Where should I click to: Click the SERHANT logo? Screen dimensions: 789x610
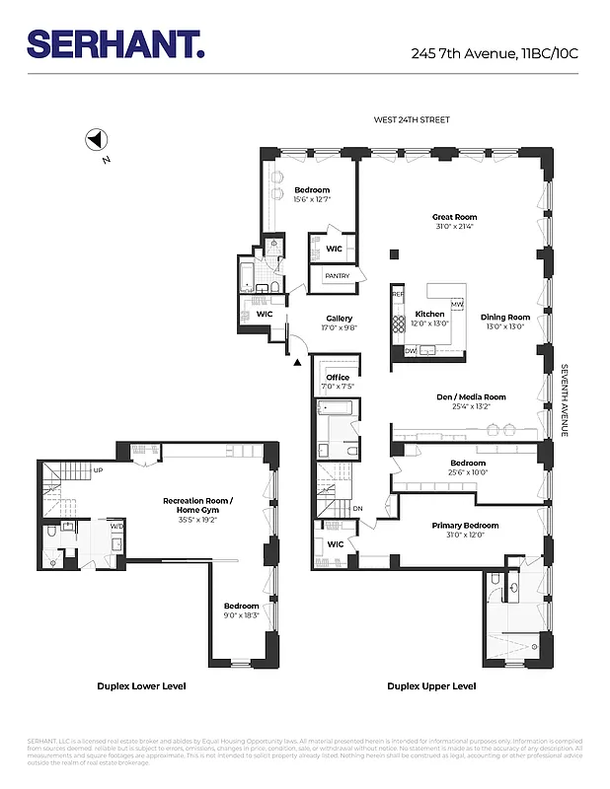115,44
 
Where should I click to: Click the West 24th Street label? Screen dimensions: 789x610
411,120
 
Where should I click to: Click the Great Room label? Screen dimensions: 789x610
454,217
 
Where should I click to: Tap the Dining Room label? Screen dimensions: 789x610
505,318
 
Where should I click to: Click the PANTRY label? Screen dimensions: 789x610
337,276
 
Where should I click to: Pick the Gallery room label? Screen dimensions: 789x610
340,319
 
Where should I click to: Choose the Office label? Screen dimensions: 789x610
338,377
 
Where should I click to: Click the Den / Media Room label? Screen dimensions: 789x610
471,396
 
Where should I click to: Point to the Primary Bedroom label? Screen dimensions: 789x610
465,526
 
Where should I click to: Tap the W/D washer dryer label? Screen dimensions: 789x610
117,526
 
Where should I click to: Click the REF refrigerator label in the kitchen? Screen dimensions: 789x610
398,294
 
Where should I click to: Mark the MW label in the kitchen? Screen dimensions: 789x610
457,303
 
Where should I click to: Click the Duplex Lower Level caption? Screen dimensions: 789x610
141,685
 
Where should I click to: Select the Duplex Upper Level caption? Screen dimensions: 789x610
431,685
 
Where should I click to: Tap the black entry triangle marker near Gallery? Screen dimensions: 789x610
297,363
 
